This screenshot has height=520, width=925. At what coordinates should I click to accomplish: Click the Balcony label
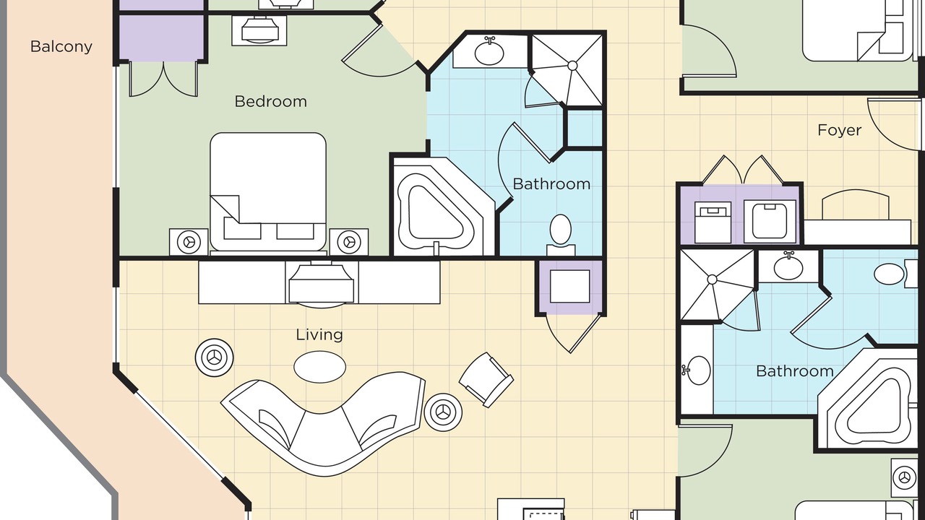coord(61,47)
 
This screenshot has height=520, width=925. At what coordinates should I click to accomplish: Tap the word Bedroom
coord(270,101)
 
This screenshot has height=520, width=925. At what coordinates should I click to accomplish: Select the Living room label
coord(319,334)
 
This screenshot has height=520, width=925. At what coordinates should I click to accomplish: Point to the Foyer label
coord(840,131)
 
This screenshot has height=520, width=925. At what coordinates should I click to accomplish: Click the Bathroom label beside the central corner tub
coord(551,184)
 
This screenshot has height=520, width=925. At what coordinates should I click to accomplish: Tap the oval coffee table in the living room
coord(319,366)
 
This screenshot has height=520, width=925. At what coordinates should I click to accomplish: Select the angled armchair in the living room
coord(486,380)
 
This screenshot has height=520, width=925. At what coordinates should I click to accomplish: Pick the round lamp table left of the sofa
coord(214,357)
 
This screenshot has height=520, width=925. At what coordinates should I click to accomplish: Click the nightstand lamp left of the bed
coord(189,242)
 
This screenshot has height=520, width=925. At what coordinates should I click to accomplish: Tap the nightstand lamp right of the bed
coord(349,242)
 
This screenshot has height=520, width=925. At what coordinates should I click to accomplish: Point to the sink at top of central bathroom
coord(489,52)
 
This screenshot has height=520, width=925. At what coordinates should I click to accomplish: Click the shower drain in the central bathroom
coord(572,66)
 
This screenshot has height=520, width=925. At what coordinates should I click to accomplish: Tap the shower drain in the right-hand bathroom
coord(712,279)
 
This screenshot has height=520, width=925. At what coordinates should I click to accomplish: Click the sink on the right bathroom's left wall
coord(697,370)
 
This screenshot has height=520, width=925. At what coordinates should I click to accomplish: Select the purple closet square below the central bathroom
coord(570,287)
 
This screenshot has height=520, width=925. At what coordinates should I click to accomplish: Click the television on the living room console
coord(321,284)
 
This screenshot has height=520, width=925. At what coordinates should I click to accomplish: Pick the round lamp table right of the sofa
coord(444,412)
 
